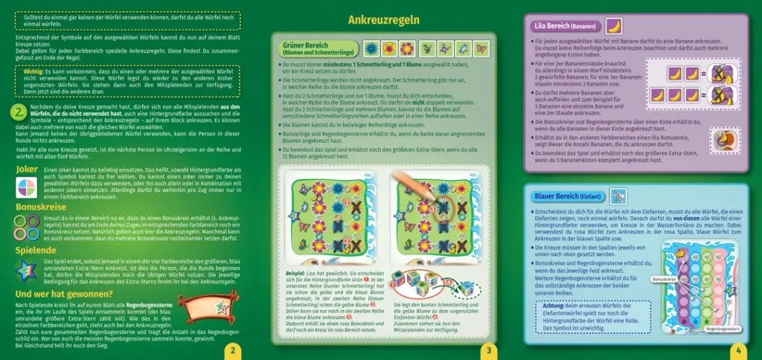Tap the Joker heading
pyautogui.click(x=28, y=170)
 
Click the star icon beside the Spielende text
pyautogui.click(x=27, y=269)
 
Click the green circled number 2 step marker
pyautogui.click(x=21, y=113)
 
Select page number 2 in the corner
pyautogui.click(x=233, y=350)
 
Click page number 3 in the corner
pyautogui.click(x=487, y=350)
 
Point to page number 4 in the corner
pyautogui.click(x=738, y=350)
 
